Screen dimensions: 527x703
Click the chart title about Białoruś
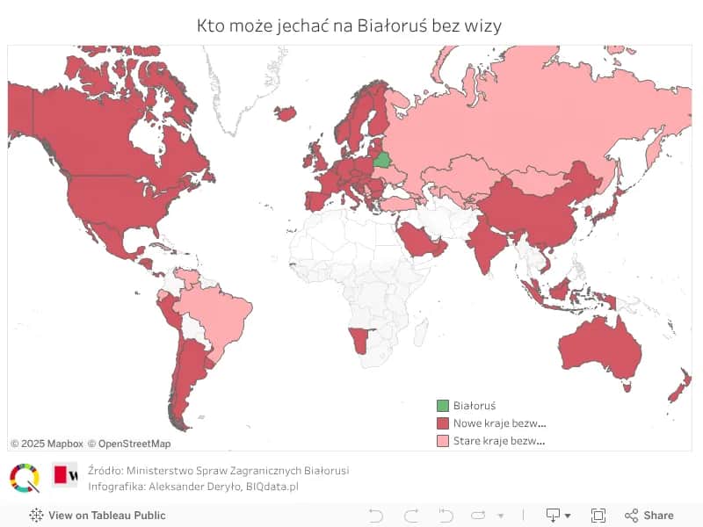(350, 25)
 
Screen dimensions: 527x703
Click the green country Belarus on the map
(382, 160)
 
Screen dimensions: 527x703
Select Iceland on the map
(286, 113)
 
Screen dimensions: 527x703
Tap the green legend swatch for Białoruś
(443, 406)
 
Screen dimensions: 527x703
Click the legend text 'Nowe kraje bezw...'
(499, 423)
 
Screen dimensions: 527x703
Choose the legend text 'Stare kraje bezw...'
(499, 441)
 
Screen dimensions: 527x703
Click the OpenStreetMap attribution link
(129, 444)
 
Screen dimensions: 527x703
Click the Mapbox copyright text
(47, 444)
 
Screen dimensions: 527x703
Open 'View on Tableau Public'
(98, 516)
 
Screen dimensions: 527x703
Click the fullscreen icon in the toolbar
(598, 516)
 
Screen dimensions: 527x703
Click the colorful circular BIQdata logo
(25, 478)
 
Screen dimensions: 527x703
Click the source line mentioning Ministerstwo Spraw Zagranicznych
(219, 471)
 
